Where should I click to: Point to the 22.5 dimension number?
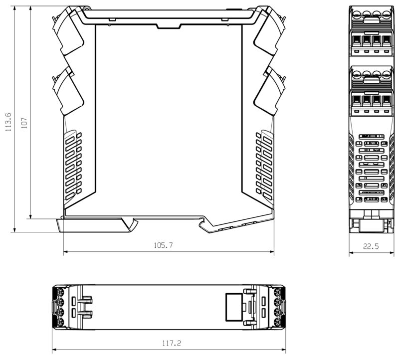[371, 246]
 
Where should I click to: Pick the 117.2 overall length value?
[170, 343]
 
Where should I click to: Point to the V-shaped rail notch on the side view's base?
[205, 225]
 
